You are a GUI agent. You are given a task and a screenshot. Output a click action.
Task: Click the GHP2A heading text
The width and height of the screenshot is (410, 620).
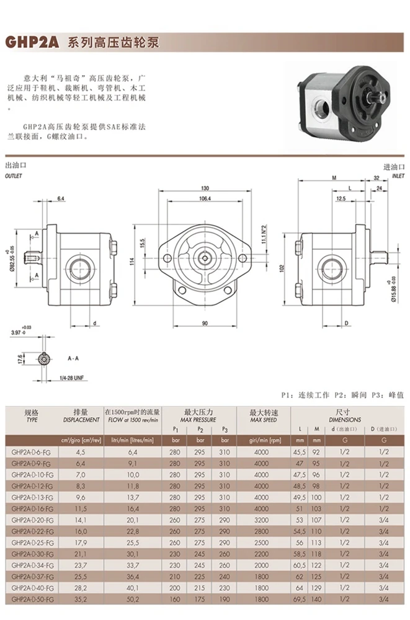(x=32, y=42)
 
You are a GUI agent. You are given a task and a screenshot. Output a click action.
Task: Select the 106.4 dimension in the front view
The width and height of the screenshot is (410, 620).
(x=205, y=198)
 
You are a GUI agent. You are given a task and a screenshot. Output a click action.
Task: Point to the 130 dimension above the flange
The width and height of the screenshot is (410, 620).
(x=205, y=188)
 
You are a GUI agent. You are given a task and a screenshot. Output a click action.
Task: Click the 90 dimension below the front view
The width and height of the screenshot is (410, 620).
(x=205, y=323)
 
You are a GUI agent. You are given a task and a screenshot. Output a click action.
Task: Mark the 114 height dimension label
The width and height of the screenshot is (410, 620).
(x=132, y=262)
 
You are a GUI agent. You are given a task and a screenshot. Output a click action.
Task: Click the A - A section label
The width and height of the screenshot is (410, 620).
(x=73, y=358)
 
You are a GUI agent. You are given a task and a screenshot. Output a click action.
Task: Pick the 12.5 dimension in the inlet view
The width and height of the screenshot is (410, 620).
(x=341, y=198)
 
